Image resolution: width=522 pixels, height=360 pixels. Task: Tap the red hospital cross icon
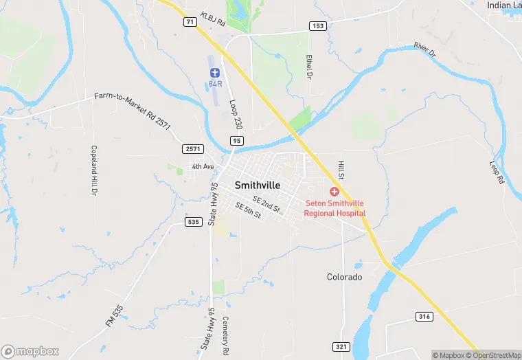335,192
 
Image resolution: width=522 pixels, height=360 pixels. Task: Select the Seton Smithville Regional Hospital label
336,208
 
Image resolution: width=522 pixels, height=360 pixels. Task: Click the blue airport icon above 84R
214,73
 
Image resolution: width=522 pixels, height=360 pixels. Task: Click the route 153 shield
317,26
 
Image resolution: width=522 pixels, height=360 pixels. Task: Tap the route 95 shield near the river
237,141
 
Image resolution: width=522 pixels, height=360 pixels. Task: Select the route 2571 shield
192,149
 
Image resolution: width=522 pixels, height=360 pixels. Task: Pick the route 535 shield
193,222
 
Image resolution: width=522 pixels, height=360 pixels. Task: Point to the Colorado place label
344,277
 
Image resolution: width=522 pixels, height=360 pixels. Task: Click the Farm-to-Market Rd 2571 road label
132,110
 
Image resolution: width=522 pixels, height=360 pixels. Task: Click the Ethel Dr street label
310,65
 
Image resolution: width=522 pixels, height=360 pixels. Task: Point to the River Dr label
424,49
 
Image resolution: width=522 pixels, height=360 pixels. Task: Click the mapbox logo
30,351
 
